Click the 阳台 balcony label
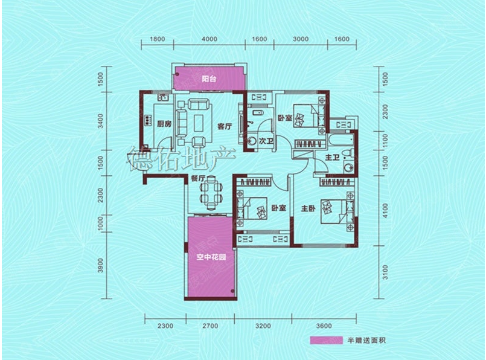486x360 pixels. pyautogui.click(x=209, y=79)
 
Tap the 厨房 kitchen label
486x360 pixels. pyautogui.click(x=164, y=124)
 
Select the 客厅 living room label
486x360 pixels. pyautogui.click(x=225, y=126)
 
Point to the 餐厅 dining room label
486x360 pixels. pyautogui.click(x=198, y=179)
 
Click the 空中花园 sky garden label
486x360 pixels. pyautogui.click(x=211, y=257)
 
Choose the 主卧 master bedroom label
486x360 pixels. pyautogui.click(x=308, y=208)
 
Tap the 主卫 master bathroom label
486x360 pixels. pyautogui.click(x=332, y=158)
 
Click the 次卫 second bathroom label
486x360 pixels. pyautogui.click(x=266, y=141)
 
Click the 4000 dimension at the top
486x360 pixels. pyautogui.click(x=209, y=39)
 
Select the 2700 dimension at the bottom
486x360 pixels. pyautogui.click(x=210, y=326)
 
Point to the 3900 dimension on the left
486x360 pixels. pyautogui.click(x=100, y=265)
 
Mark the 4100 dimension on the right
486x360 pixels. pyautogui.click(x=385, y=211)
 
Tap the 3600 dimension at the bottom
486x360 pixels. pyautogui.click(x=324, y=326)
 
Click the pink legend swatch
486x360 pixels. pyautogui.click(x=327, y=340)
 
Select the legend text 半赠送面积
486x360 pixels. pyautogui.click(x=366, y=341)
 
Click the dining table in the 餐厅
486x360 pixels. pyautogui.click(x=211, y=192)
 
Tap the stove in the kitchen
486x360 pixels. pyautogui.click(x=148, y=120)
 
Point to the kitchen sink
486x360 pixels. pyautogui.click(x=163, y=98)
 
